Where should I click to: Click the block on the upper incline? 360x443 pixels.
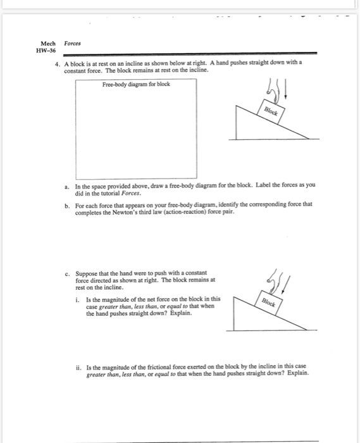pyautogui.click(x=272, y=109)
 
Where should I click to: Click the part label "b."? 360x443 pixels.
pyautogui.click(x=67, y=206)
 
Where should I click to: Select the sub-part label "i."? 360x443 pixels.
pyautogui.click(x=78, y=298)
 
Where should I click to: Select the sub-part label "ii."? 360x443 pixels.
pyautogui.click(x=77, y=366)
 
